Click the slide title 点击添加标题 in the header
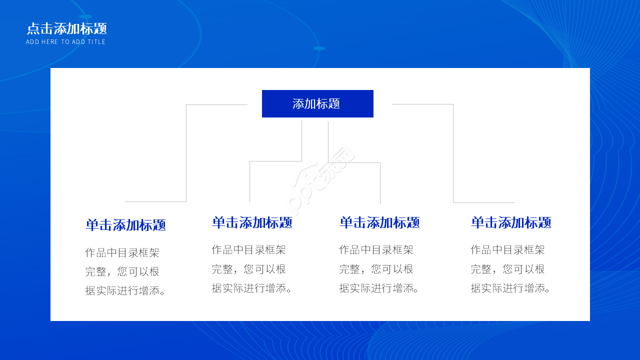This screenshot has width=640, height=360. click(x=66, y=28)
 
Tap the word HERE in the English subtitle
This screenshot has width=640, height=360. click(x=50, y=42)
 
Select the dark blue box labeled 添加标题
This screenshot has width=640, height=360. click(x=317, y=103)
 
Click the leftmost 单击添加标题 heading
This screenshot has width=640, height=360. click(x=125, y=225)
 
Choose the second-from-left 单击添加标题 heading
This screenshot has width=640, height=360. click(x=252, y=222)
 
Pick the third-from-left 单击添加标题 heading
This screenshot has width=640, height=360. click(x=379, y=222)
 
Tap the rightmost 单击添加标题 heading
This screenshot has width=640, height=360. click(x=511, y=222)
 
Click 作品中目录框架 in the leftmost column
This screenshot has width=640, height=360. click(x=122, y=253)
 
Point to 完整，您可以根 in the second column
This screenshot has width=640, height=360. click(x=249, y=269)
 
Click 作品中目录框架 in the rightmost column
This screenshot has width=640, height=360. click(x=507, y=249)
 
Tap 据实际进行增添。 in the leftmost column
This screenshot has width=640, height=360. click(x=126, y=290)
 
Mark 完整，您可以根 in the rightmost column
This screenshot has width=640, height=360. click(x=507, y=269)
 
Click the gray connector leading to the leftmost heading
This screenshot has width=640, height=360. click(x=186, y=150)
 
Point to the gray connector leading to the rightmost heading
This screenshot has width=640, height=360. click(x=453, y=150)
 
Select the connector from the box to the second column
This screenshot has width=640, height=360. click(x=275, y=161)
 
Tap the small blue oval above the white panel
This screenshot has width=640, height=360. click(x=319, y=48)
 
